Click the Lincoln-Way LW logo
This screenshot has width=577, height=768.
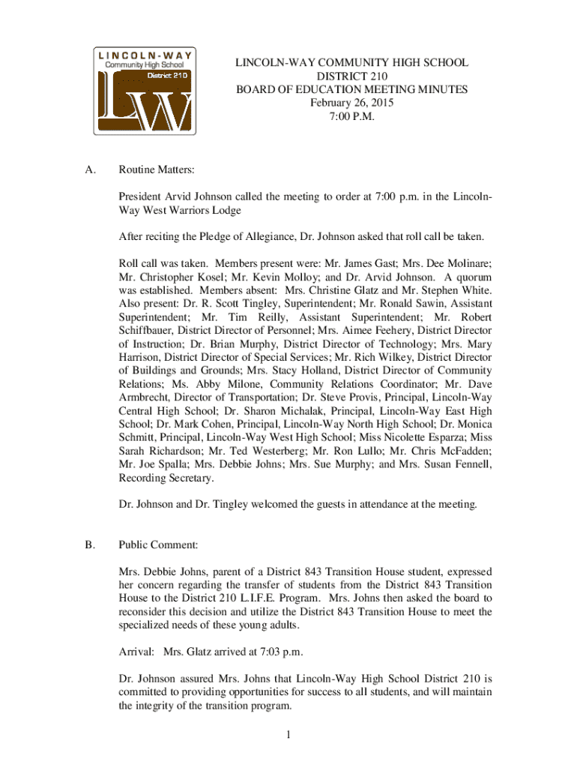click(145, 91)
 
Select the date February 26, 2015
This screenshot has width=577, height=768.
click(352, 103)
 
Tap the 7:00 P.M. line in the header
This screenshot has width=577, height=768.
click(352, 116)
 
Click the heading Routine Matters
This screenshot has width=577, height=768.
click(156, 170)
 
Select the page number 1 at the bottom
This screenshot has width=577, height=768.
click(288, 733)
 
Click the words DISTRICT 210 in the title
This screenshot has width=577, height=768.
click(352, 76)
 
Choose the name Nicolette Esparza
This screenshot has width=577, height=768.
click(425, 438)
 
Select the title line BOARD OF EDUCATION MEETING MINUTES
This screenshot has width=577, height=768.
click(352, 89)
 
